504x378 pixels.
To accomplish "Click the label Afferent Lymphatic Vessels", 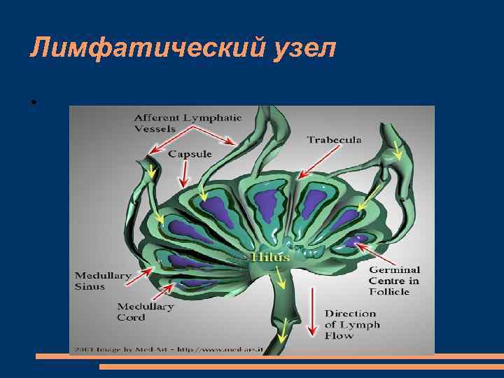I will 188,123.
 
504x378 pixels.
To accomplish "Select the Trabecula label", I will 334,140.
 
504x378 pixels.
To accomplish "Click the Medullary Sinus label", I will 102,281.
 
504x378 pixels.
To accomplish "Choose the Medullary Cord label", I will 145,311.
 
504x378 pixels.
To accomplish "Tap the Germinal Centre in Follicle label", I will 394,280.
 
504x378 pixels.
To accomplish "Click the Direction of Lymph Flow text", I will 352,324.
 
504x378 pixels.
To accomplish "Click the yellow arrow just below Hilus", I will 281,279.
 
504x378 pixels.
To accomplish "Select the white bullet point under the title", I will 33,103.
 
